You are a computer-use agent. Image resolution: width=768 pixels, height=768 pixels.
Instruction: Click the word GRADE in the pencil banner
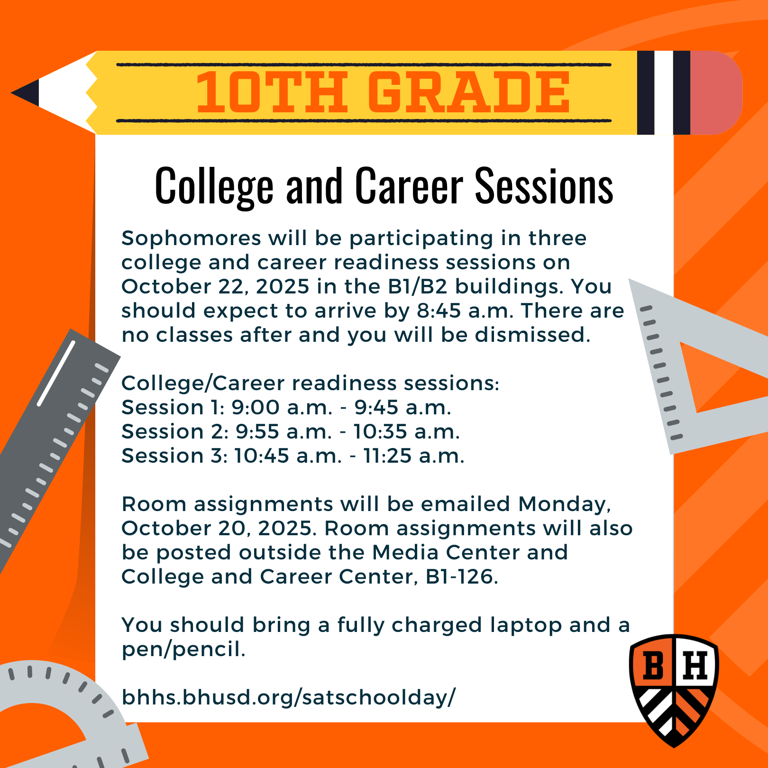[469, 92]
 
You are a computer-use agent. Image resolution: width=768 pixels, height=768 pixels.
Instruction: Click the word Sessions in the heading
[544, 186]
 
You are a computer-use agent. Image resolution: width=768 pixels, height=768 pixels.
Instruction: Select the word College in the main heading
[214, 187]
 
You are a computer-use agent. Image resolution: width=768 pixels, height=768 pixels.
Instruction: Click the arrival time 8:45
[439, 311]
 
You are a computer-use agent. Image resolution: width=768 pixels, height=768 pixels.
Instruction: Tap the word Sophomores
[191, 238]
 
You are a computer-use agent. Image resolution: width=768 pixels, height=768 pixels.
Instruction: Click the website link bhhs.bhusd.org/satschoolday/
[289, 698]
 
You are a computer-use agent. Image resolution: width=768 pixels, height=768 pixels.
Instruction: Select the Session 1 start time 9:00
[256, 407]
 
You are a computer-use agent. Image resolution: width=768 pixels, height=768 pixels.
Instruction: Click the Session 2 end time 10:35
[380, 431]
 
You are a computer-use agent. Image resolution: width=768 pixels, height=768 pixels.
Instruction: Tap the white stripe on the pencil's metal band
[664, 92]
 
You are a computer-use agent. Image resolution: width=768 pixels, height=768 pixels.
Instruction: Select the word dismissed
[532, 335]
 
